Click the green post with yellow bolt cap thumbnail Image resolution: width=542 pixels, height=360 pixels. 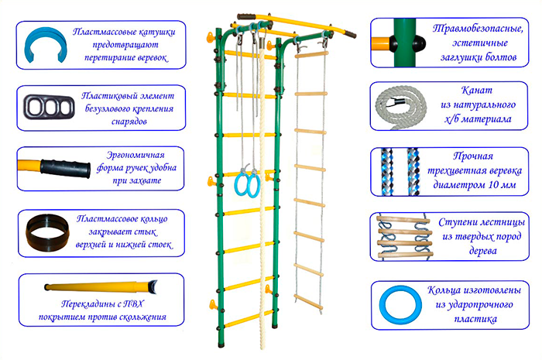point(402,38)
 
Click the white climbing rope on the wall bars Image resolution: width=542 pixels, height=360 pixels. point(261,232)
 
